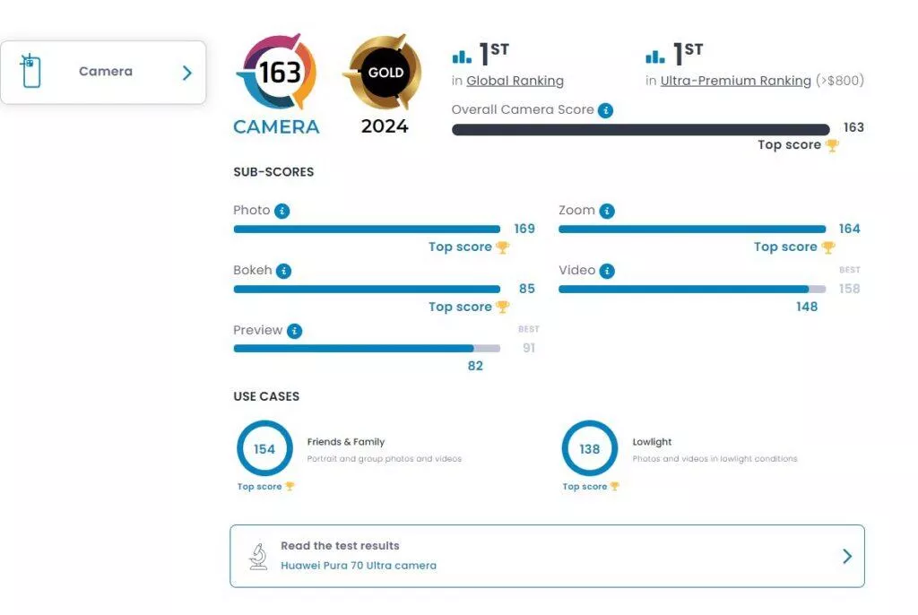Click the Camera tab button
click(x=103, y=72)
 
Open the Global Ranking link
click(x=515, y=81)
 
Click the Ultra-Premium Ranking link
click(x=735, y=81)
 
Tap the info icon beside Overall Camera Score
click(x=606, y=110)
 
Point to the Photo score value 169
click(x=524, y=229)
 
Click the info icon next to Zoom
click(x=607, y=212)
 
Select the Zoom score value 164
click(x=849, y=229)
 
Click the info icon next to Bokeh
click(x=283, y=271)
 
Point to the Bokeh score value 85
click(x=527, y=289)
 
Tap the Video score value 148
click(x=807, y=307)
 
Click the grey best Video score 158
click(x=849, y=289)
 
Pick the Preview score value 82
click(x=475, y=366)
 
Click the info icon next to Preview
click(x=294, y=331)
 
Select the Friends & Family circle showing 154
click(x=264, y=448)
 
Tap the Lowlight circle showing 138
click(x=589, y=448)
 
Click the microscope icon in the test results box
click(x=258, y=556)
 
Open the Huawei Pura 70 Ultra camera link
click(x=359, y=566)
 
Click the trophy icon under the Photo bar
click(x=503, y=247)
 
